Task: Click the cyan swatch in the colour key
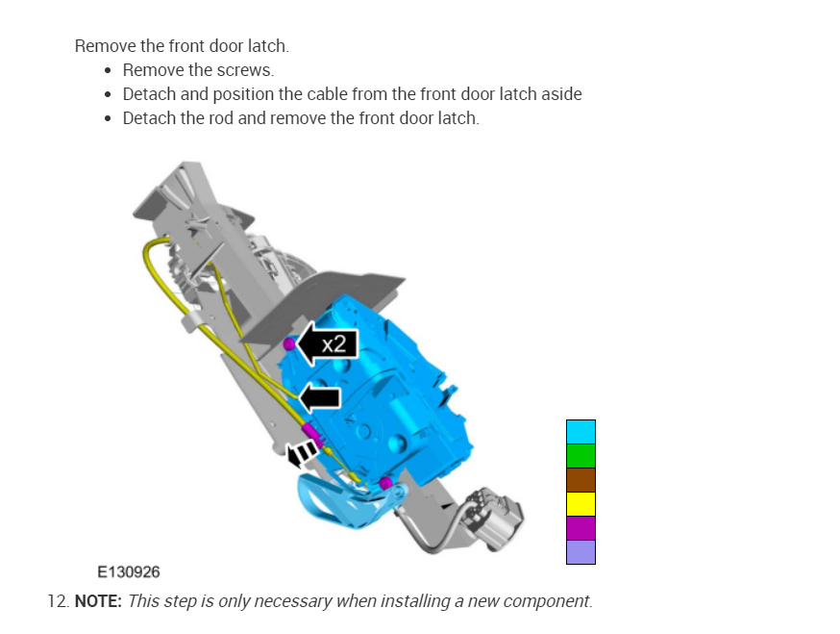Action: (x=581, y=432)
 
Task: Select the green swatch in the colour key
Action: (x=581, y=456)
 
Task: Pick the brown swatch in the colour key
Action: (x=581, y=480)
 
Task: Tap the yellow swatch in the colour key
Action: (x=581, y=504)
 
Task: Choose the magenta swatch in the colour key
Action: (x=581, y=528)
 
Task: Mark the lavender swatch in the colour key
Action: (x=581, y=552)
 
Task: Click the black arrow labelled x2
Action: (x=326, y=343)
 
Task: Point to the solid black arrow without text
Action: (x=319, y=398)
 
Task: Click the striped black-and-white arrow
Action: (x=302, y=454)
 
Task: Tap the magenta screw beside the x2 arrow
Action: (x=288, y=343)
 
